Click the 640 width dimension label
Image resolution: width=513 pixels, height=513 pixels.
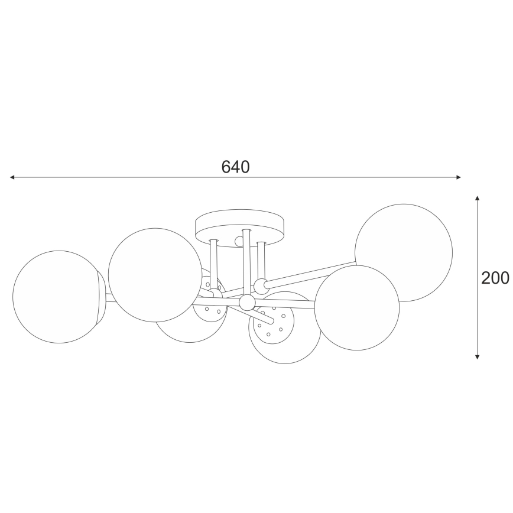[x=236, y=167]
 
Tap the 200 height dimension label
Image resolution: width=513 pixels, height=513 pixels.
[x=495, y=278]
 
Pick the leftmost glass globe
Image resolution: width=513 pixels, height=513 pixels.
[x=56, y=297]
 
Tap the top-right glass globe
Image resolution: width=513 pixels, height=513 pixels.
[x=404, y=252]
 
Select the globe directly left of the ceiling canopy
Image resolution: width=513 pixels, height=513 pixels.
[x=155, y=275]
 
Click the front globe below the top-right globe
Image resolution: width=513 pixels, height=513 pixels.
[x=356, y=308]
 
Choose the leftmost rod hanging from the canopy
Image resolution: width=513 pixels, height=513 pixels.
[x=213, y=263]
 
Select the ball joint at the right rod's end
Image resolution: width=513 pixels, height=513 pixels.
[x=261, y=288]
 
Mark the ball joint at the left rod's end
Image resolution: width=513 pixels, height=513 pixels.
[x=214, y=293]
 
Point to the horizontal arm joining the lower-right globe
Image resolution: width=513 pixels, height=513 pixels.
[x=287, y=306]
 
